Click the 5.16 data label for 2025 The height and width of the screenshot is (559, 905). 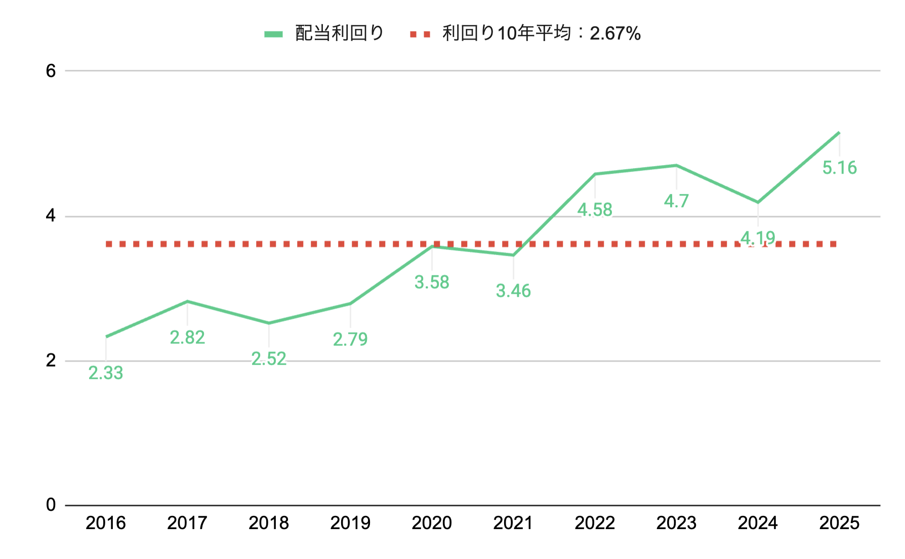point(839,168)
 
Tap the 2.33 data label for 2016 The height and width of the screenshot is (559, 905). point(106,373)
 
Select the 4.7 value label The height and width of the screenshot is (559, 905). point(676,201)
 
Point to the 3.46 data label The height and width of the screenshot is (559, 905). point(513,291)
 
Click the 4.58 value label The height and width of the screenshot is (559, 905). point(595,210)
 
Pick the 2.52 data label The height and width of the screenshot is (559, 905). point(269,359)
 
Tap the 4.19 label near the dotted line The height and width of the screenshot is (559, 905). point(758,237)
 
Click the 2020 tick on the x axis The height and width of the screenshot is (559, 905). point(432,523)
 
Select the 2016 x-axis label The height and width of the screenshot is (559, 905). point(106,523)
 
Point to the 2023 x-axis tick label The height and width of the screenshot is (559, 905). point(676,523)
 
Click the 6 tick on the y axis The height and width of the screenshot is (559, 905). point(51,71)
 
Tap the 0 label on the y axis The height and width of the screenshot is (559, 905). point(51,505)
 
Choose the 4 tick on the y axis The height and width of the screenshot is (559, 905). point(51,216)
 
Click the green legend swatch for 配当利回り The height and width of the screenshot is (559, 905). point(274,34)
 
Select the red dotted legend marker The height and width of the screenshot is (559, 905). point(420,34)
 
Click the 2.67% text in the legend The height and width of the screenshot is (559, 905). point(615,34)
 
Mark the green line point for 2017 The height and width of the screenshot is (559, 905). point(187,302)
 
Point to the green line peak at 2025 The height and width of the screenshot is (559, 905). point(839,133)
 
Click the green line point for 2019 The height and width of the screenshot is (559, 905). point(350,304)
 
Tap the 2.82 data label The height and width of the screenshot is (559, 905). point(187,338)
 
